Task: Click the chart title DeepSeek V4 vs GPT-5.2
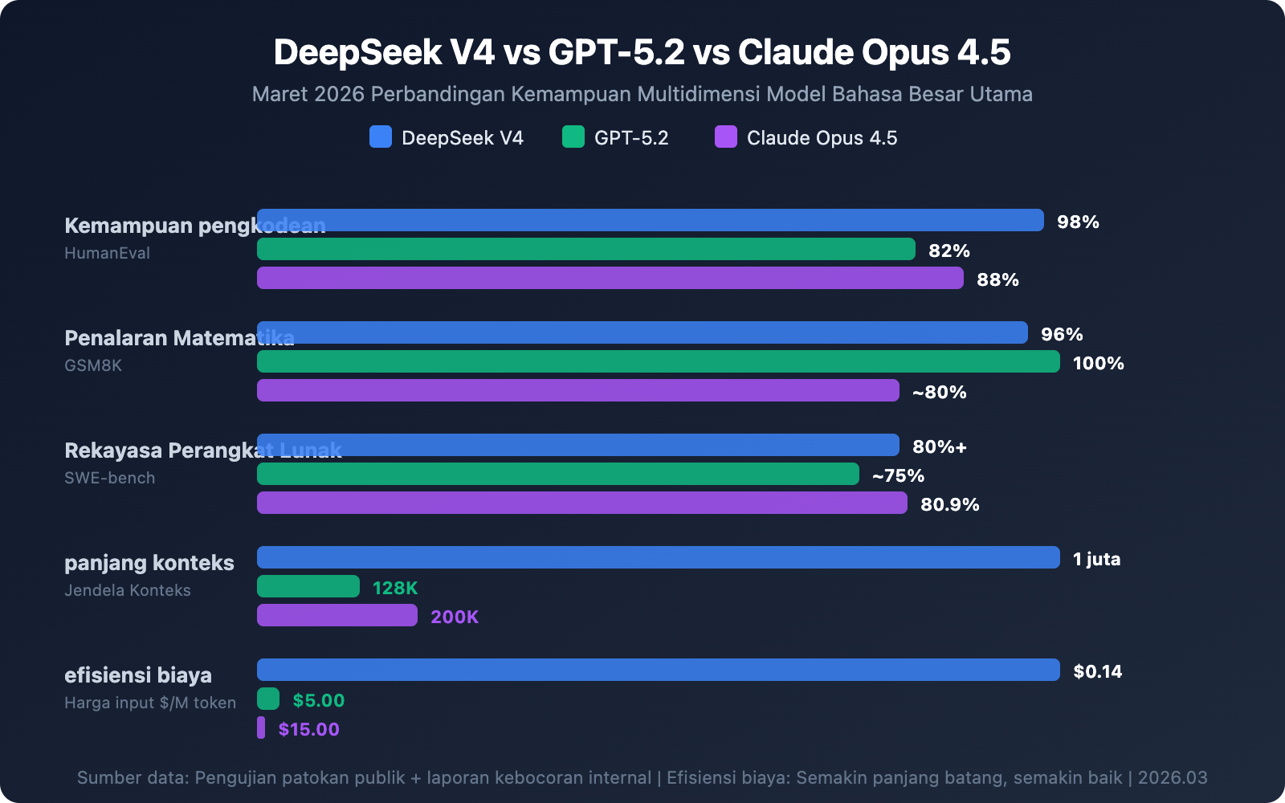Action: [x=642, y=52]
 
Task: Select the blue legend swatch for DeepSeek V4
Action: [x=381, y=137]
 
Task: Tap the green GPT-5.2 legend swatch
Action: [x=573, y=137]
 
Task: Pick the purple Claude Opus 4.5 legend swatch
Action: [x=726, y=137]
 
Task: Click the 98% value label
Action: [x=1078, y=222]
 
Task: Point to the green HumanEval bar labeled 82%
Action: [x=586, y=249]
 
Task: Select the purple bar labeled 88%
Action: [x=610, y=278]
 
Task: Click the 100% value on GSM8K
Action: [x=1098, y=363]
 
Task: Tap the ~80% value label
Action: [x=939, y=392]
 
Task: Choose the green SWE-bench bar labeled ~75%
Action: [x=558, y=474]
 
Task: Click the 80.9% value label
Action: [x=949, y=504]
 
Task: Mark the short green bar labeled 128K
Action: [x=308, y=586]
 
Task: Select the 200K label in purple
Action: [x=455, y=617]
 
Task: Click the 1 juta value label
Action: [x=1096, y=559]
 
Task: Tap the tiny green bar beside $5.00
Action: [x=268, y=699]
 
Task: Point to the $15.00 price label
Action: [x=308, y=729]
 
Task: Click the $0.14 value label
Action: [x=1097, y=671]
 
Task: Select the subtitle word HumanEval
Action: [x=107, y=253]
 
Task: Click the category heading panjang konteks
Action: [x=149, y=562]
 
